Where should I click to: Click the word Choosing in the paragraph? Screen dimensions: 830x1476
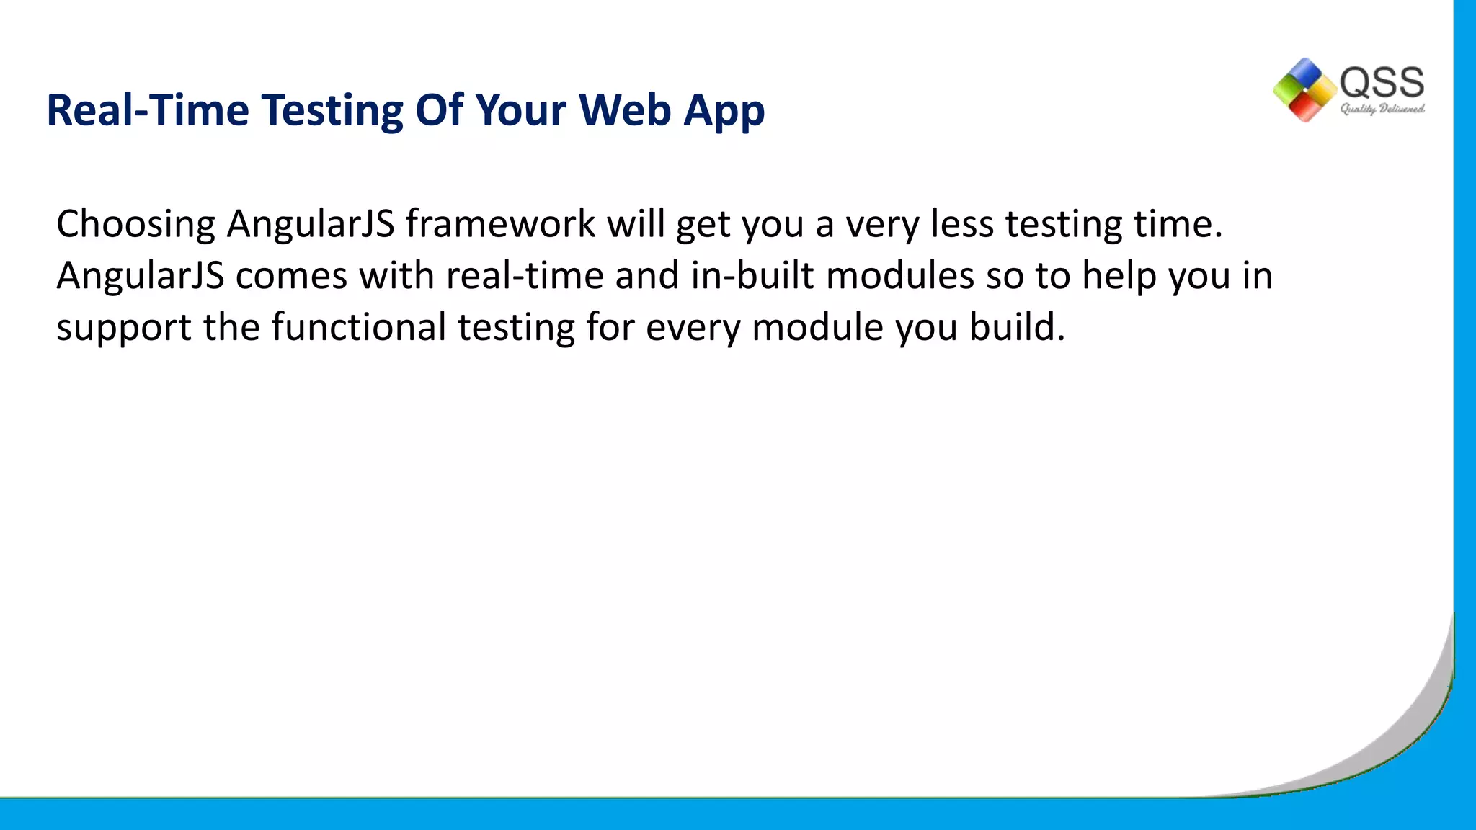click(x=135, y=225)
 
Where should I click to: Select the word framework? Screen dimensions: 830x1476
click(x=500, y=223)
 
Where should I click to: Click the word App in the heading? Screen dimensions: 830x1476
click(x=724, y=112)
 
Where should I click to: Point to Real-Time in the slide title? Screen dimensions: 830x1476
click(x=148, y=110)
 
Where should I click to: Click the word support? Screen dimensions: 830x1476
click(x=123, y=328)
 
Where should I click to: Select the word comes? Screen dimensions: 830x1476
click(x=291, y=276)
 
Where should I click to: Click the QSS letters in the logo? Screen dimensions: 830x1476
click(x=1382, y=83)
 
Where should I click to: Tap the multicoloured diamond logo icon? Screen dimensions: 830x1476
click(x=1304, y=90)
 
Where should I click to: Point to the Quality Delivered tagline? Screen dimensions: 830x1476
click(x=1382, y=109)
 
